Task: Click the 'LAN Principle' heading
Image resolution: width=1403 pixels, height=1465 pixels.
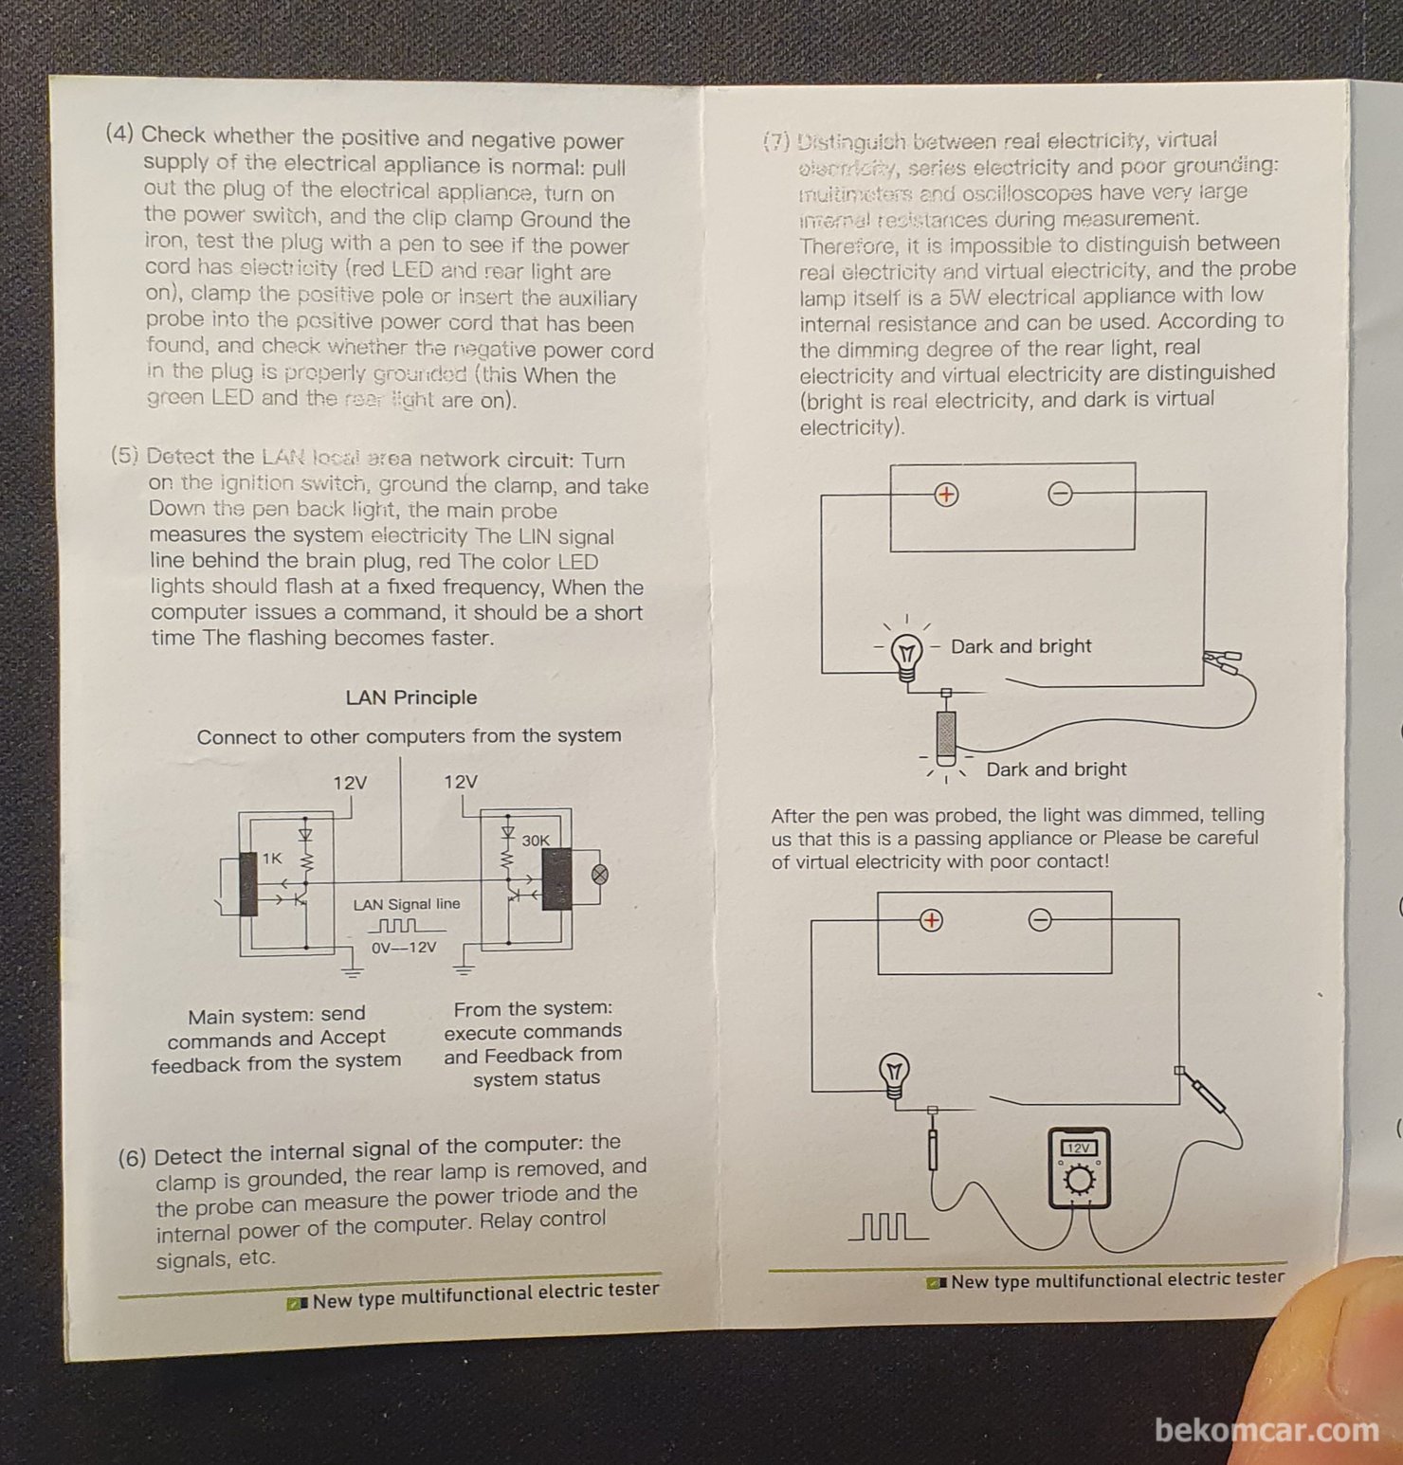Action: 410,697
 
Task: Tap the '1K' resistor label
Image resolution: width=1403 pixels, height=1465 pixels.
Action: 272,859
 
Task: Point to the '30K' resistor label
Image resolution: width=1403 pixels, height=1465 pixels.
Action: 535,841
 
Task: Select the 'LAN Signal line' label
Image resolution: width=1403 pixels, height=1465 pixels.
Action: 407,905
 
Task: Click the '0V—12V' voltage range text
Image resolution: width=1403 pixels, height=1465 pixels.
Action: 404,948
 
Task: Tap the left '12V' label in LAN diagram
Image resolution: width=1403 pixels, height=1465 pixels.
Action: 350,784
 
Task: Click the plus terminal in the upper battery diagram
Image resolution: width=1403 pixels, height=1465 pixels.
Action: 946,495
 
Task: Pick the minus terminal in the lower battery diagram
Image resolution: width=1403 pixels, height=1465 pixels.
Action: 1040,920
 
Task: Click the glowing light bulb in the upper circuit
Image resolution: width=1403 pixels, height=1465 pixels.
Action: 906,654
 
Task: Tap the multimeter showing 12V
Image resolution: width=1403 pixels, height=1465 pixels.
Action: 1079,1168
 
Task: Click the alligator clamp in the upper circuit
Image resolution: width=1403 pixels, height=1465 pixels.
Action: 1222,660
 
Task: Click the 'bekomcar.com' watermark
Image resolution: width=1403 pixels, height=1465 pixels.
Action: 1266,1430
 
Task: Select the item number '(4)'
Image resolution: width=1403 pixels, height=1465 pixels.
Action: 119,133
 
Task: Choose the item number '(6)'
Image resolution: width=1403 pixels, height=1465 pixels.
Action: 133,1158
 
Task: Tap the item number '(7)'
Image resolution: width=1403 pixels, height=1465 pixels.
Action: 776,142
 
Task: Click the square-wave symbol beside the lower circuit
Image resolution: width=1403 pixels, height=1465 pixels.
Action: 887,1228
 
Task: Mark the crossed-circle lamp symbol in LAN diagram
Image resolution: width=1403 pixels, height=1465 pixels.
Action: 599,875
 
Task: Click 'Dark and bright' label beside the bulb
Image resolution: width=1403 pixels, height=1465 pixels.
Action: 1021,646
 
